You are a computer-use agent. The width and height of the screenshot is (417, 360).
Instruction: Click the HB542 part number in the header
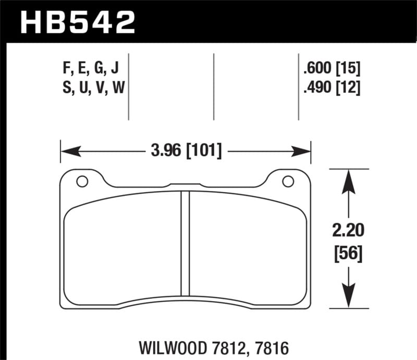click(x=77, y=22)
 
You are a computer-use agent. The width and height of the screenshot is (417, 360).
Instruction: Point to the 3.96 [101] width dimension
click(x=186, y=152)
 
